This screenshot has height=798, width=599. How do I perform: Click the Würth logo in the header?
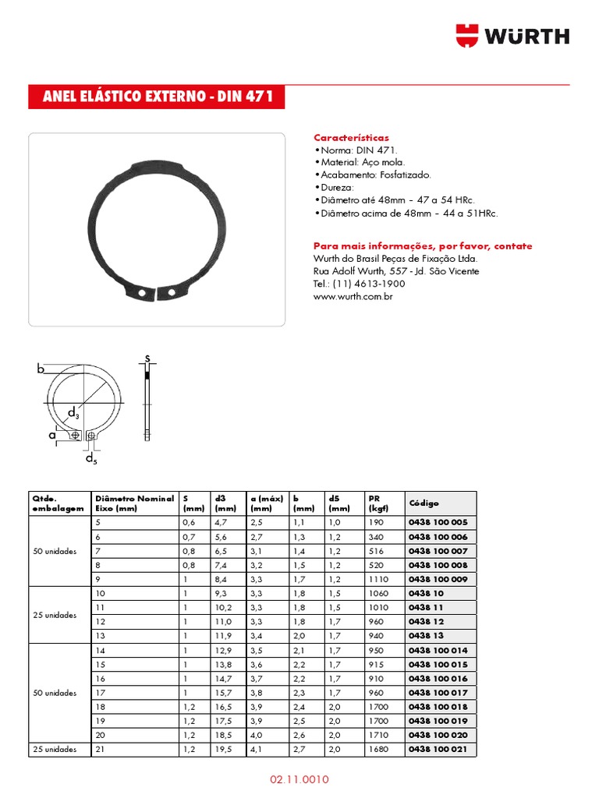point(512,36)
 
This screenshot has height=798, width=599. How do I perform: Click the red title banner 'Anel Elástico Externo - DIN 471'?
point(157,97)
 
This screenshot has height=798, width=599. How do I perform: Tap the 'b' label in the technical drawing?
point(41,369)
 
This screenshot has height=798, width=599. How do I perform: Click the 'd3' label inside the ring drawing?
point(73,412)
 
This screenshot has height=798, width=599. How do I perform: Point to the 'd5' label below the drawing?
point(91,459)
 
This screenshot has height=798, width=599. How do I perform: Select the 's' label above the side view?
point(146,358)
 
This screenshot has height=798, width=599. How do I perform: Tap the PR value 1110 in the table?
point(378,579)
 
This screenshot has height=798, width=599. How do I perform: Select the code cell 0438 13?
point(426,635)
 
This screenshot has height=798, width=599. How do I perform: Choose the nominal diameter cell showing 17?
point(99,692)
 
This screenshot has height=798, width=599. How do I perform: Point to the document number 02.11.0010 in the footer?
point(299,779)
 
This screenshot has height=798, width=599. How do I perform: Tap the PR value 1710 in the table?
point(378,735)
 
